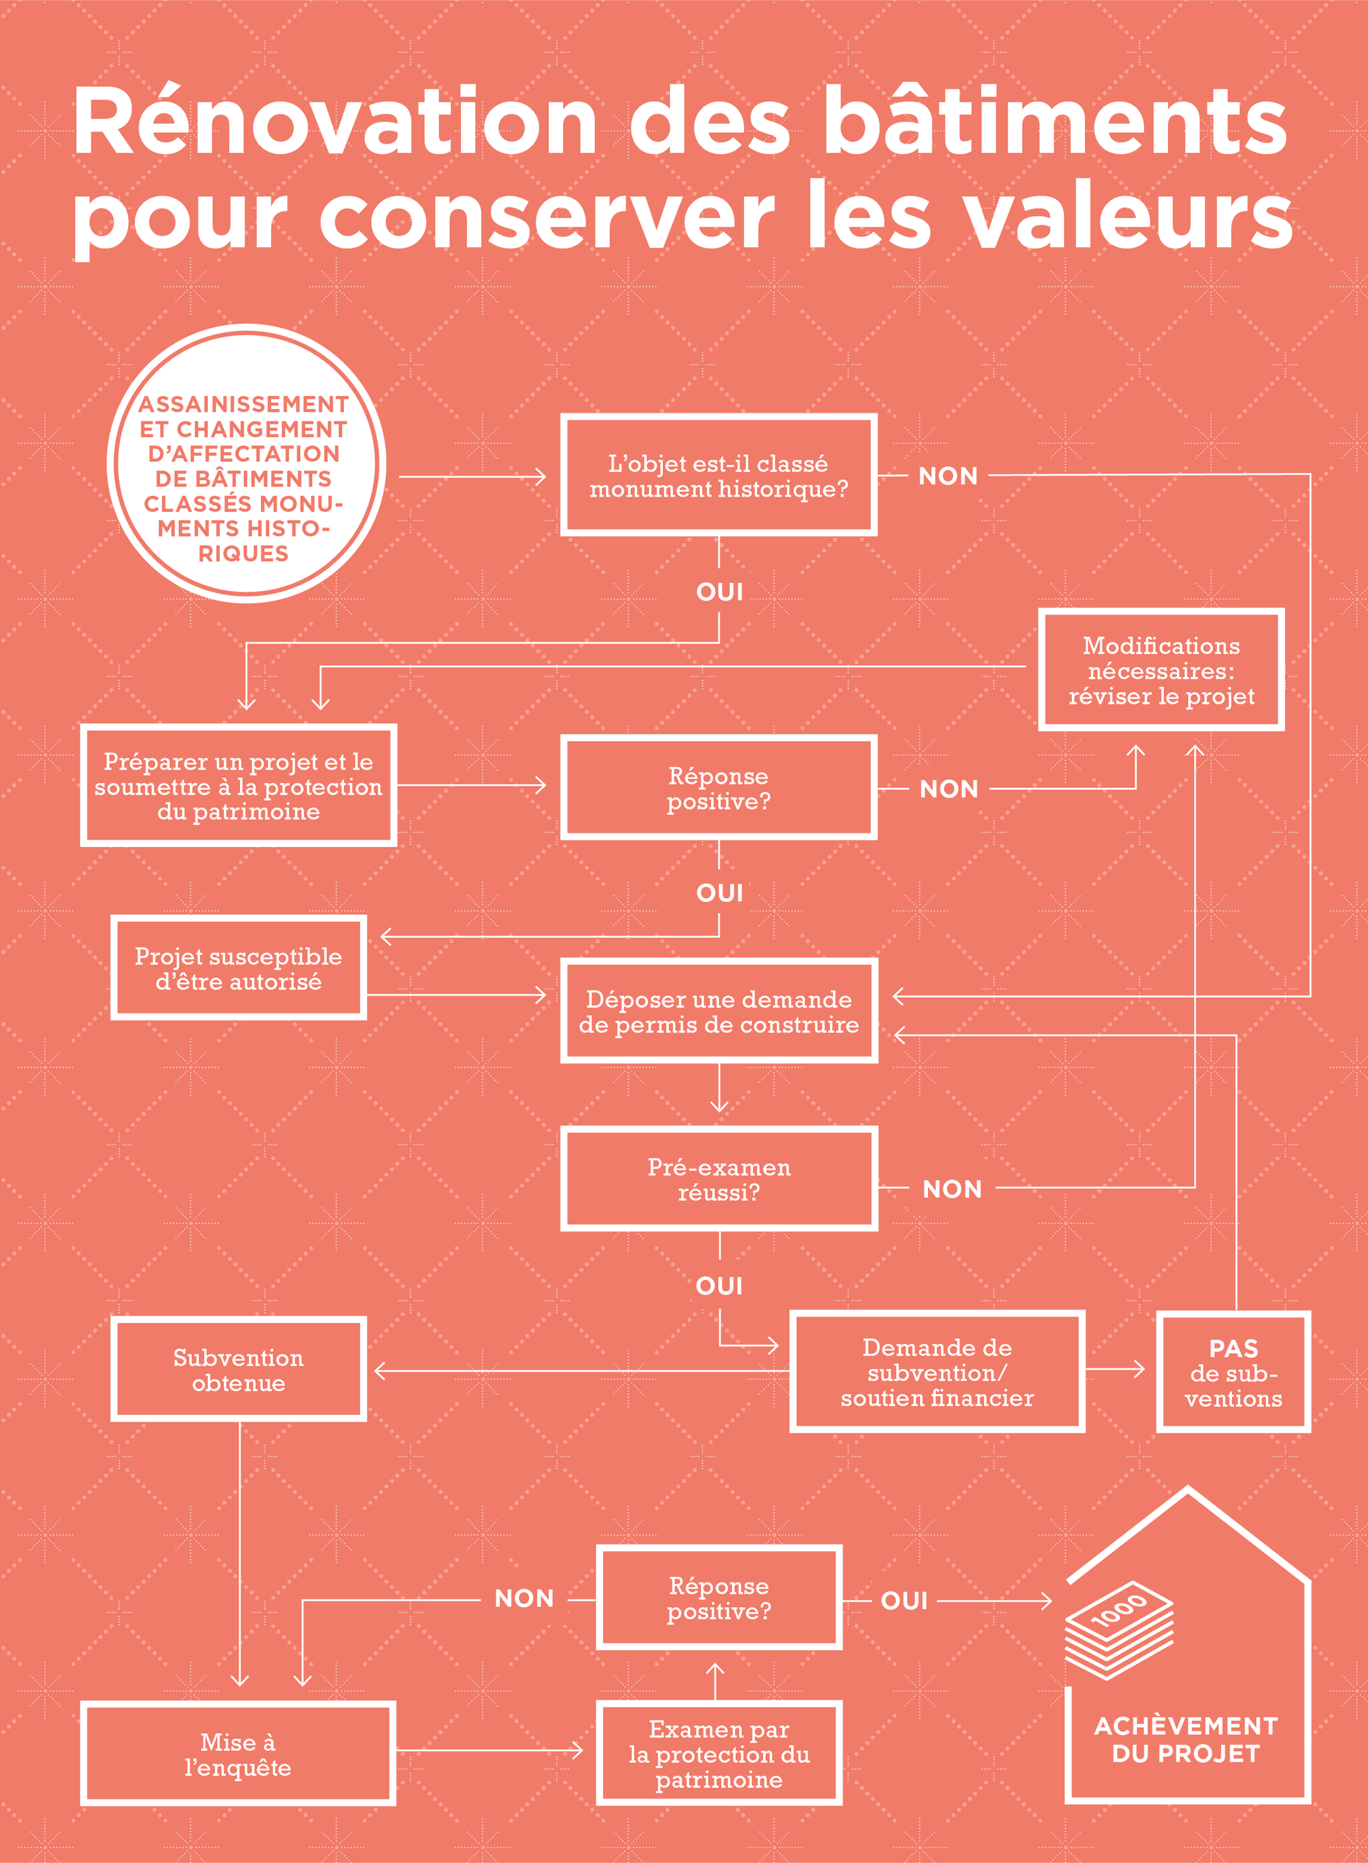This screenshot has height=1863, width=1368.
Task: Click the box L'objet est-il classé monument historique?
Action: pyautogui.click(x=719, y=475)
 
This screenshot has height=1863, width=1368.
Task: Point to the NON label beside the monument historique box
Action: pyautogui.click(x=948, y=476)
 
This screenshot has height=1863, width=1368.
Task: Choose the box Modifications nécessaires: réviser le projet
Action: pyautogui.click(x=1161, y=670)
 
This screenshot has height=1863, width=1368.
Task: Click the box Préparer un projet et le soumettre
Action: pyautogui.click(x=239, y=785)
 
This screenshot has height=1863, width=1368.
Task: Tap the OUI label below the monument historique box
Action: pyautogui.click(x=719, y=592)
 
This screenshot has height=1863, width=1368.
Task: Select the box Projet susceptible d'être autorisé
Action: pyautogui.click(x=239, y=968)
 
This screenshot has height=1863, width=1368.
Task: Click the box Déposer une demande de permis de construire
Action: pyautogui.click(x=719, y=1011)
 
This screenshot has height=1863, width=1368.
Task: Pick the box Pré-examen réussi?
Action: pyautogui.click(x=719, y=1178)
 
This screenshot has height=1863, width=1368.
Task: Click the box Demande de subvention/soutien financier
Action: pyautogui.click(x=937, y=1371)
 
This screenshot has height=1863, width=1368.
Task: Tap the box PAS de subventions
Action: pyautogui.click(x=1233, y=1371)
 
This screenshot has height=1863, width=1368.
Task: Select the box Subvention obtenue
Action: pyautogui.click(x=239, y=1370)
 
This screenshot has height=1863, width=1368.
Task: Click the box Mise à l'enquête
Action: pyautogui.click(x=239, y=1753)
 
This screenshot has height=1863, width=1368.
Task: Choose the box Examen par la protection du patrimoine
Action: pyautogui.click(x=719, y=1753)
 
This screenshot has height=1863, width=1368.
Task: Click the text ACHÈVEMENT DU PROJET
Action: pyautogui.click(x=1186, y=1739)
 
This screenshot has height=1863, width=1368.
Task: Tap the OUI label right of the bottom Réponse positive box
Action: pyautogui.click(x=904, y=1601)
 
